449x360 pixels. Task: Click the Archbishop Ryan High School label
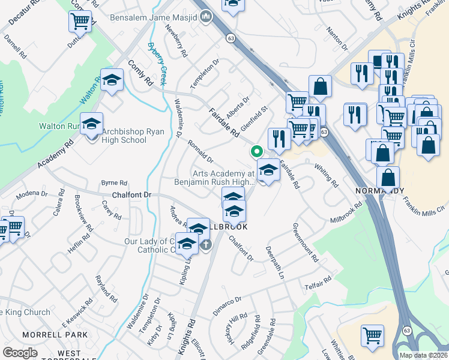(124, 136)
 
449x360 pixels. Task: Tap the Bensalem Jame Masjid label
(154, 17)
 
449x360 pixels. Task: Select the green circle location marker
(256, 152)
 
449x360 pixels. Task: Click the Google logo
(20, 352)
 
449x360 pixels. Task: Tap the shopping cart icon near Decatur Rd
(80, 22)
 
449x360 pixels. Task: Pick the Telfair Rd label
(317, 283)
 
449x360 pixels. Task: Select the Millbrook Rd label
(346, 213)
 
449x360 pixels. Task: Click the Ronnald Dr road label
(200, 152)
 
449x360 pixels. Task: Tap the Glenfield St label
(253, 119)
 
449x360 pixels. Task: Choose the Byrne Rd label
(114, 182)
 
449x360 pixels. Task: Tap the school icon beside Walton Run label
(92, 124)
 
